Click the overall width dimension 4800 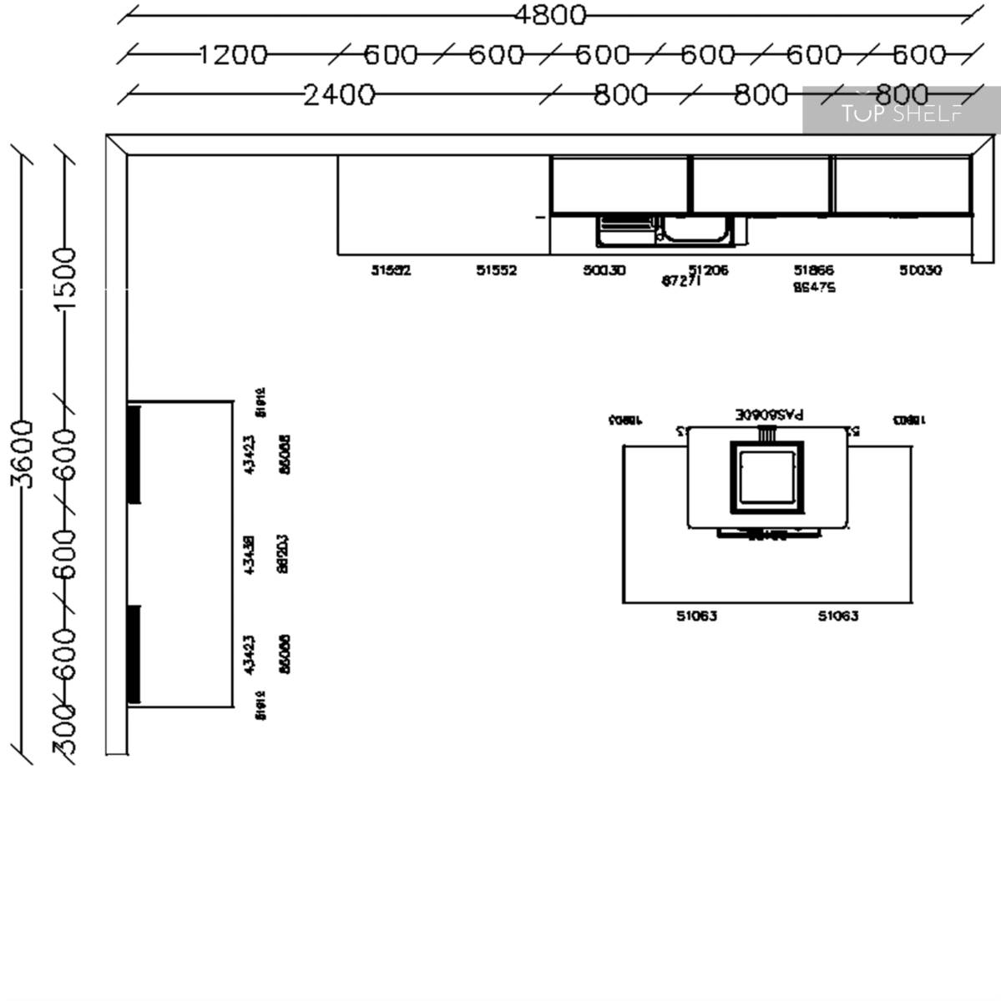click(x=549, y=15)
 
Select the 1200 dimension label click(x=233, y=55)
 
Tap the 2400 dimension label click(x=339, y=95)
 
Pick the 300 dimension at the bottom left click(x=65, y=730)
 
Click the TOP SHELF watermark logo click(x=901, y=112)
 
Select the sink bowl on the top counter click(x=695, y=229)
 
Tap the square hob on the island click(x=767, y=478)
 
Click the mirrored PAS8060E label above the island click(x=769, y=414)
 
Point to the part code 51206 click(x=708, y=269)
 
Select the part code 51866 click(x=813, y=269)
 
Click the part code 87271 click(x=681, y=282)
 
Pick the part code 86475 click(x=813, y=287)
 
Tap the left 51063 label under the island click(x=696, y=616)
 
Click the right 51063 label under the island click(x=837, y=616)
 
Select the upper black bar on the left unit click(x=134, y=454)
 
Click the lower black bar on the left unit click(x=134, y=654)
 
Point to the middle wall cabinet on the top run click(x=761, y=185)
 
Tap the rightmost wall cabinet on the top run click(x=902, y=185)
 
